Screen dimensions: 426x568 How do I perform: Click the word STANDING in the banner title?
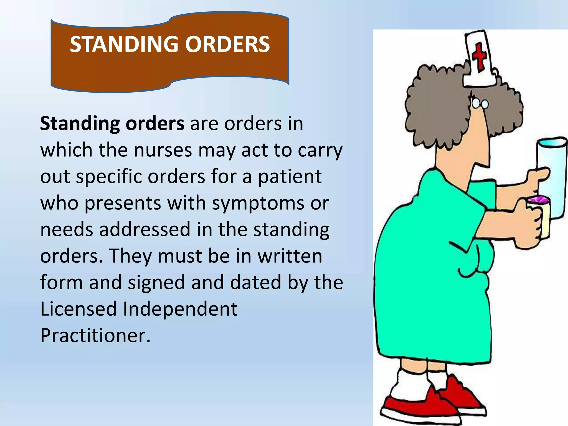coord(124,44)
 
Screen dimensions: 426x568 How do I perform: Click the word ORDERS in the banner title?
coord(227,44)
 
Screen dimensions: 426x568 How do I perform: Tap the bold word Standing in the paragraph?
coord(80,124)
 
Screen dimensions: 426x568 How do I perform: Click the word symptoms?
coord(258,203)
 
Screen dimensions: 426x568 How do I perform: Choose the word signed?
coord(156,283)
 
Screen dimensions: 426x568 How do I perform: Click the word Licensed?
coord(78,309)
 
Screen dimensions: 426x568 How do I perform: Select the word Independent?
coord(180,309)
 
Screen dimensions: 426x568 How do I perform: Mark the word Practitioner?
coord(95,335)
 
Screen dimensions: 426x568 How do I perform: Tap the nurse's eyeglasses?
coord(480,104)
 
